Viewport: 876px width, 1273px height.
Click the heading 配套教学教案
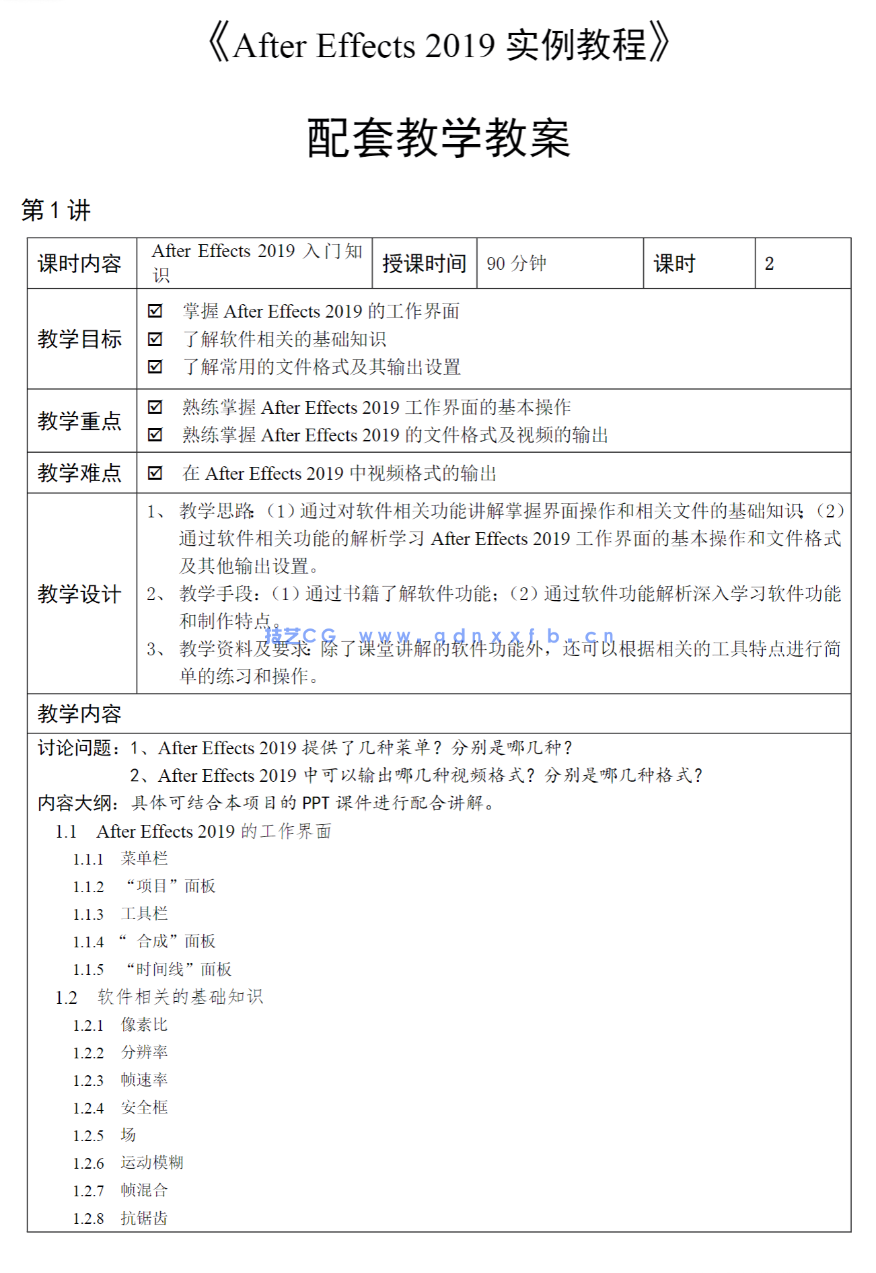[438, 138]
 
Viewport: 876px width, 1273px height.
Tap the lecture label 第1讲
[56, 211]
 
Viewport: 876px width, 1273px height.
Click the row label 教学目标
[79, 339]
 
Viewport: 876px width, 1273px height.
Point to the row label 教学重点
[79, 421]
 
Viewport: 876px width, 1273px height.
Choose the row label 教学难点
[79, 473]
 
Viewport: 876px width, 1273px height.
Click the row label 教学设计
[79, 594]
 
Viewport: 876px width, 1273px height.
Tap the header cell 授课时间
[424, 263]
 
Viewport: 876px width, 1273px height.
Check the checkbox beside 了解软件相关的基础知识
[155, 339]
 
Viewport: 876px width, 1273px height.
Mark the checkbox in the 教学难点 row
[155, 473]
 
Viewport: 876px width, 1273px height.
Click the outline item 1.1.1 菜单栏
[120, 859]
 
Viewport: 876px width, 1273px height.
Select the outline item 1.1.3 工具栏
[120, 914]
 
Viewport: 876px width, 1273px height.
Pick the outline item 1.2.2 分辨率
[120, 1052]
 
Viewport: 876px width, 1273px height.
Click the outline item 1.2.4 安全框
[120, 1107]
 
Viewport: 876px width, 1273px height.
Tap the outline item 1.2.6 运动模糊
[128, 1163]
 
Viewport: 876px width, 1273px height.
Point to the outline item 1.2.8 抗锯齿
[120, 1218]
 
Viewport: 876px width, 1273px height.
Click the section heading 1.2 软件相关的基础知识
[159, 997]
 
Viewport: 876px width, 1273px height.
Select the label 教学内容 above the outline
[79, 714]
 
